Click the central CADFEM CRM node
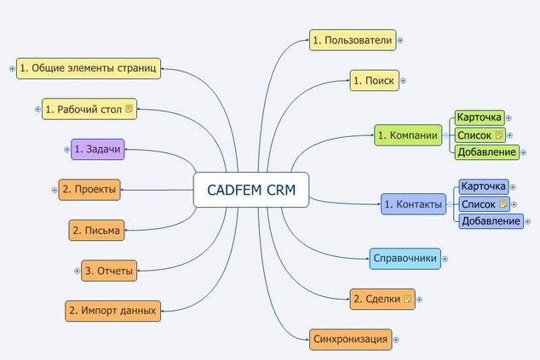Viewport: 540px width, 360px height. (251, 191)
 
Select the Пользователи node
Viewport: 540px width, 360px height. (352, 40)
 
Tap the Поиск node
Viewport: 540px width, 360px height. (374, 81)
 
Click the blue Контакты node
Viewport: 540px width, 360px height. (413, 204)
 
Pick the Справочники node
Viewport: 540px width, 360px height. (405, 258)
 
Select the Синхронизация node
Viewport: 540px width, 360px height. (350, 340)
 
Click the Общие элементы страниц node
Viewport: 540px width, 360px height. (88, 68)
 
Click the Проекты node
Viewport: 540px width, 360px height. (89, 188)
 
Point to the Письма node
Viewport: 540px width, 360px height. (97, 230)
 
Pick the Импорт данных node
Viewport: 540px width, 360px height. (112, 311)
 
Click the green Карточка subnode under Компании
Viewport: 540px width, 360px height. (479, 117)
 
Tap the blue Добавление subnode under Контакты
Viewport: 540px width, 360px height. (491, 221)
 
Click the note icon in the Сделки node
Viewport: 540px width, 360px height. (407, 299)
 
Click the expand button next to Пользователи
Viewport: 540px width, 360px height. (400, 40)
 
